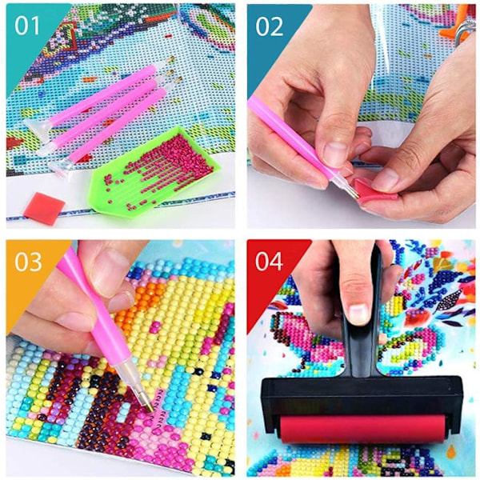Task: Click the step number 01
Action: [x=27, y=26]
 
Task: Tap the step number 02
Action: [x=270, y=26]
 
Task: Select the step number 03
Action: [x=28, y=262]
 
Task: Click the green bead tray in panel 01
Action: [x=151, y=172]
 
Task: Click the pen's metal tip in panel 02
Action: [x=352, y=191]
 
